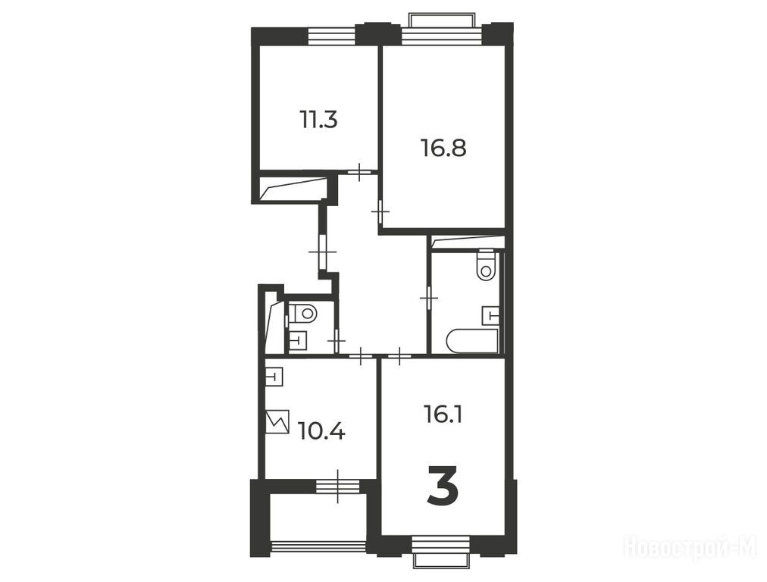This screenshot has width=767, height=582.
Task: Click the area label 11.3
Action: tap(318, 120)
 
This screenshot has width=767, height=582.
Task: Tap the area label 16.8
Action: tap(443, 148)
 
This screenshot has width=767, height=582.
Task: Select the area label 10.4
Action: tap(321, 432)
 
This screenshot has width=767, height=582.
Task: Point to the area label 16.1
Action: tap(443, 415)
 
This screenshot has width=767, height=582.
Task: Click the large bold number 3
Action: tap(443, 485)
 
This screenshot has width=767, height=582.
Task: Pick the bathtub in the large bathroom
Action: tap(472, 341)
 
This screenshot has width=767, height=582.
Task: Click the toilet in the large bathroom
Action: tap(487, 265)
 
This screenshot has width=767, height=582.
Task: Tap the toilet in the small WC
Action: tap(303, 312)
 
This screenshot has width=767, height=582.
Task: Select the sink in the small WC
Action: tap(297, 340)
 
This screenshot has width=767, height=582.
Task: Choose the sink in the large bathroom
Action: tap(490, 315)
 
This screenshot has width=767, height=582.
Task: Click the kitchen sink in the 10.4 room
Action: tap(275, 377)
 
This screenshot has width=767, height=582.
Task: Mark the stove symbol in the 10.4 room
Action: tap(278, 421)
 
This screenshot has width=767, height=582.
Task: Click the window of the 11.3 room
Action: tap(332, 37)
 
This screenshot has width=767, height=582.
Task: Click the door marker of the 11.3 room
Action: tap(360, 172)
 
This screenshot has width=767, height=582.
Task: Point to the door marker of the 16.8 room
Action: tap(380, 211)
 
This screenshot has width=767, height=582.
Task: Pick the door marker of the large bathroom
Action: tap(429, 297)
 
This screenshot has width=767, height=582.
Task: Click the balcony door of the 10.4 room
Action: tap(337, 487)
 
